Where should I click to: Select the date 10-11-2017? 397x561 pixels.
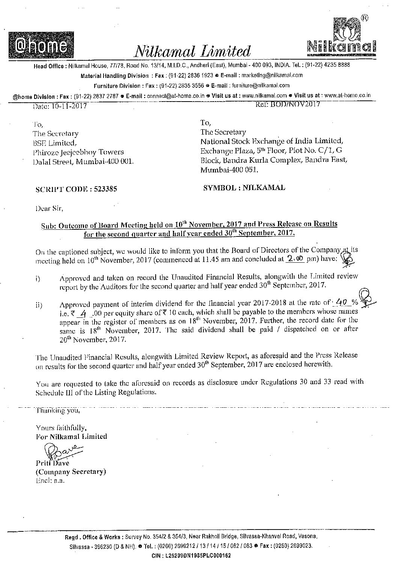[68, 106]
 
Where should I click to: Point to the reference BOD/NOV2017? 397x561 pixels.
[295, 105]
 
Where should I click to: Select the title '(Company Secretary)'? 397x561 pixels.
[71, 471]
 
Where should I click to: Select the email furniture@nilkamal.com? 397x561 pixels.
[261, 85]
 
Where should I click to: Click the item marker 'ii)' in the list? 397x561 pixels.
[39, 305]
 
